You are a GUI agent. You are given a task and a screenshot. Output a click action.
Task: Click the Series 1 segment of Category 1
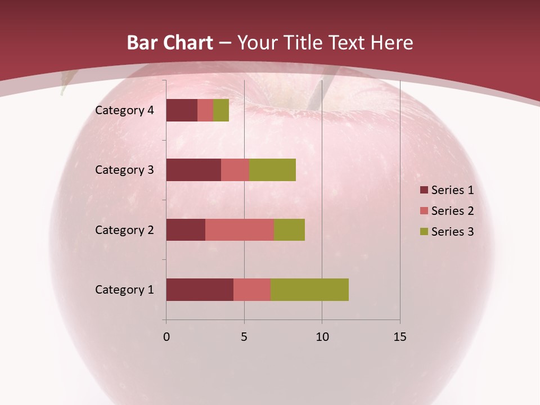[200, 290]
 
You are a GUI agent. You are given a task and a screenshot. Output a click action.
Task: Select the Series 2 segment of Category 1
[252, 290]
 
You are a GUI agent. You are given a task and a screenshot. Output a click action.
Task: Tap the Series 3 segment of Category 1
[309, 290]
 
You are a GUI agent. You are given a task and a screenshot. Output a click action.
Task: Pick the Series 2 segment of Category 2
[240, 229]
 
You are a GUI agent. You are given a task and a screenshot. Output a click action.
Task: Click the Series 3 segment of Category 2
[289, 229]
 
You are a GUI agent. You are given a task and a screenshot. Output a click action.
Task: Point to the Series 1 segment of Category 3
[193, 170]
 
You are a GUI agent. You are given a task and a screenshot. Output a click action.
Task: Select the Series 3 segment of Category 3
[272, 170]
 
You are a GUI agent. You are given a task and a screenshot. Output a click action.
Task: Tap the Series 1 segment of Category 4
[182, 110]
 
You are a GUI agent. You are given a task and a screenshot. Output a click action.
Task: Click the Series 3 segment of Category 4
[221, 110]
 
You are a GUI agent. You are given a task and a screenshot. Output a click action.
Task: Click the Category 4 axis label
[124, 110]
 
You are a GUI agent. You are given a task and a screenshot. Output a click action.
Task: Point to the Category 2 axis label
[124, 229]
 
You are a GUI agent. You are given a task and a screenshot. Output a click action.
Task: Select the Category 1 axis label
[124, 290]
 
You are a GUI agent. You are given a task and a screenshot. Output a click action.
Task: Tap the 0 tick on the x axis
[166, 337]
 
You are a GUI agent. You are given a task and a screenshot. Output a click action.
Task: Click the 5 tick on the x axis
[244, 337]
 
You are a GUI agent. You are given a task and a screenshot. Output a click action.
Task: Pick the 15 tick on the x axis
[399, 337]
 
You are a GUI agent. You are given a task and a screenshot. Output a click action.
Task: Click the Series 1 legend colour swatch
[424, 190]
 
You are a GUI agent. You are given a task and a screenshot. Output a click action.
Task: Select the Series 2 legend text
[452, 211]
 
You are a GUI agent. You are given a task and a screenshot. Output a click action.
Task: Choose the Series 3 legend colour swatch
[424, 232]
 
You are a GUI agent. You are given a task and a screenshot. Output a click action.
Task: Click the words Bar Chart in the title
[170, 43]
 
